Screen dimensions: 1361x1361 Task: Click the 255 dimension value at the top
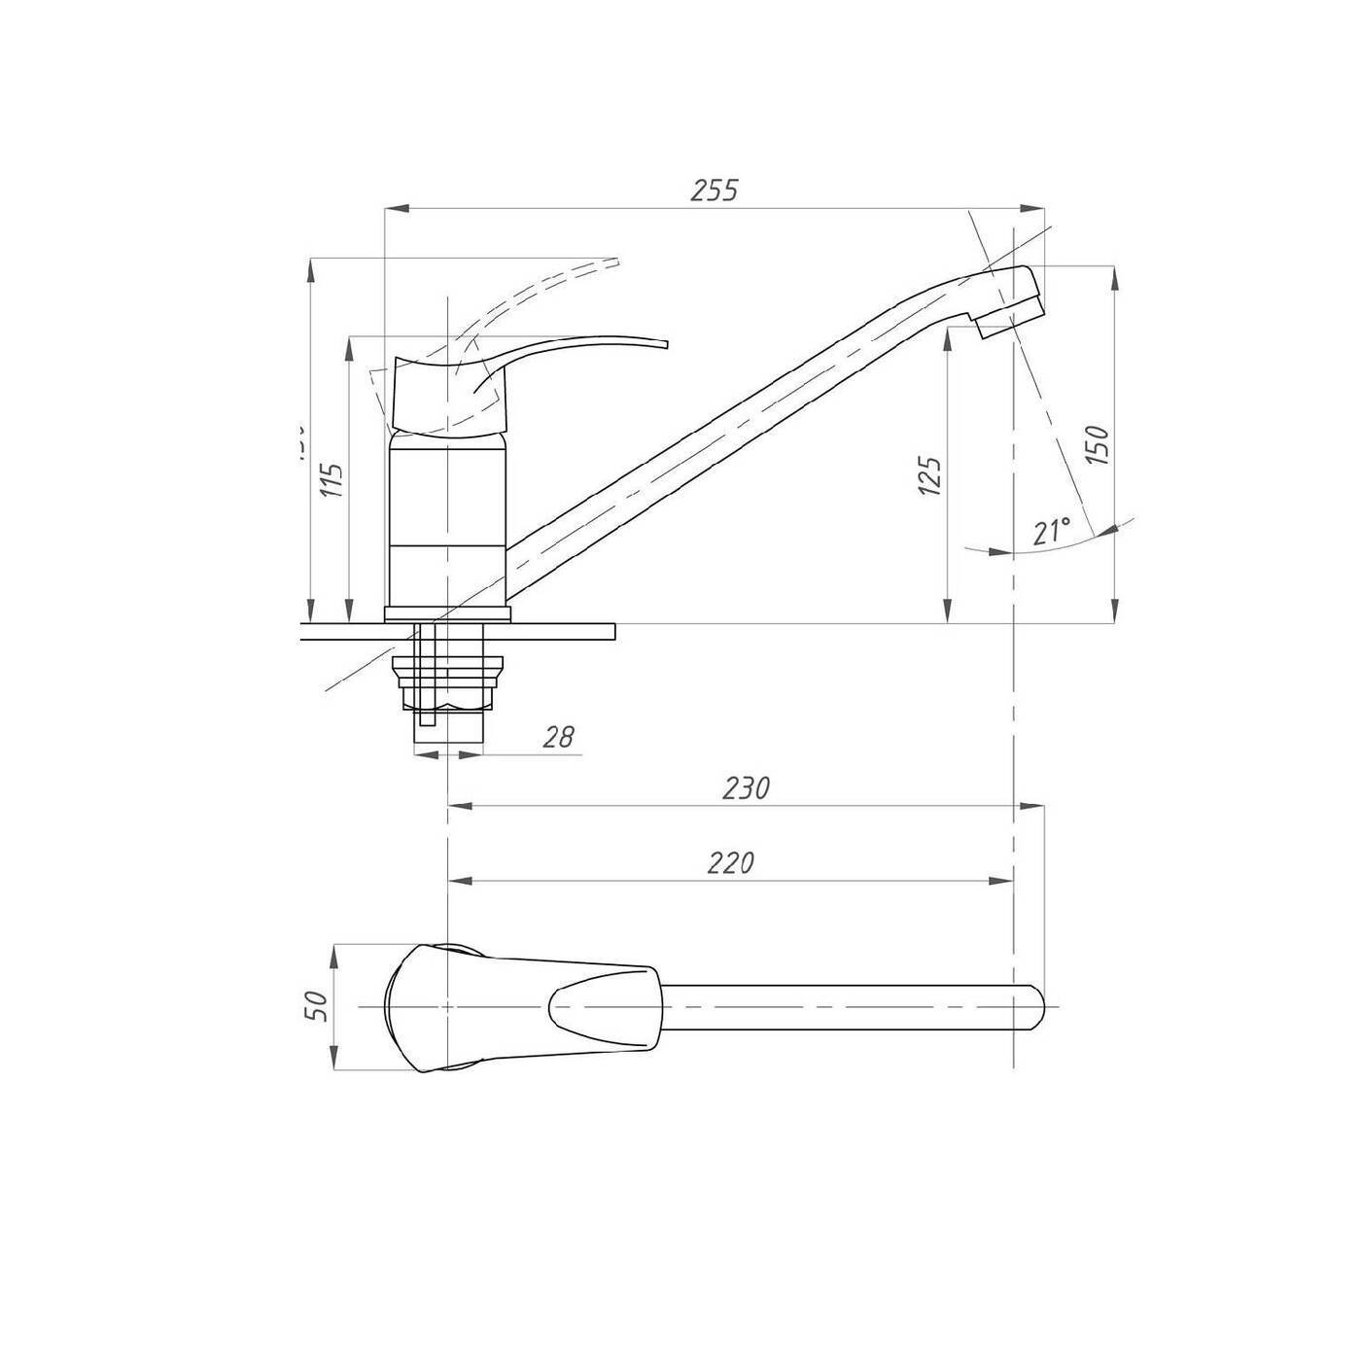(x=715, y=191)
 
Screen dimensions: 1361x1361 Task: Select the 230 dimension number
(x=746, y=787)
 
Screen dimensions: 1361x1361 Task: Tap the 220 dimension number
(x=731, y=863)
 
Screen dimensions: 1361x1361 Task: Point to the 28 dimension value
(x=558, y=737)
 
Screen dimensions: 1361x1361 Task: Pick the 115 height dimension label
(x=332, y=480)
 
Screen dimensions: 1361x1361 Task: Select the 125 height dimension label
(x=929, y=476)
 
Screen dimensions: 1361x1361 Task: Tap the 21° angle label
(x=1052, y=532)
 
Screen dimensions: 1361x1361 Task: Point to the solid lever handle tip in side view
(x=666, y=343)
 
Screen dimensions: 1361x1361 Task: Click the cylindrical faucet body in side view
(x=446, y=520)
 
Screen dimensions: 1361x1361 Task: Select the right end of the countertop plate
(x=613, y=632)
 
